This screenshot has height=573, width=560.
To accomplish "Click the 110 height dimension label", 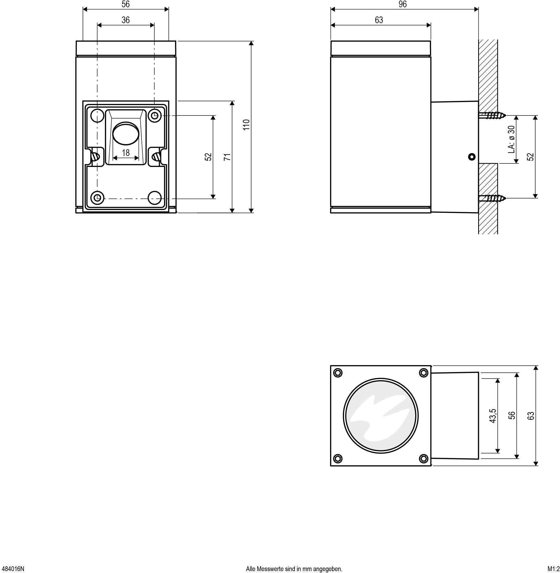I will (x=246, y=125).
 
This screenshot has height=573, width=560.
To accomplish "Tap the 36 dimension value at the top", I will (x=125, y=20).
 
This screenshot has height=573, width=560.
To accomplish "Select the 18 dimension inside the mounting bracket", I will (x=125, y=153).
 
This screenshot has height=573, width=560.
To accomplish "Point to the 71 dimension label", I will (x=227, y=157).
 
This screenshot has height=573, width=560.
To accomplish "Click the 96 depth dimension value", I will (x=402, y=4).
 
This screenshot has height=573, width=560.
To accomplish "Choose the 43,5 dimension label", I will (x=493, y=416).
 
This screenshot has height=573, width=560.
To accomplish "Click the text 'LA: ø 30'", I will (x=512, y=139).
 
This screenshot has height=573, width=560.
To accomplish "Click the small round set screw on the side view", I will (x=472, y=157).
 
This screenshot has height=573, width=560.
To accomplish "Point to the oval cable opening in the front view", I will (x=126, y=134).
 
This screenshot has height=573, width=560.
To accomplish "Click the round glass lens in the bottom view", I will (x=381, y=416).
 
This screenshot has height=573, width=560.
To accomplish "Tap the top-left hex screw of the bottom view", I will (x=338, y=373).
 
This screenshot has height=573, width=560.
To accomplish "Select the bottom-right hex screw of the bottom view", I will (x=423, y=458).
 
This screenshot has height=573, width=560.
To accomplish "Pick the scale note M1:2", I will (x=553, y=569).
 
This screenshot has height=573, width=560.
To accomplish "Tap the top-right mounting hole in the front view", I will (x=155, y=115).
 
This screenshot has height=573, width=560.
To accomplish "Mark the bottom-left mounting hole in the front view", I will (x=97, y=197).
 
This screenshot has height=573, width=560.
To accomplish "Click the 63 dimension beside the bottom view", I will (x=531, y=416).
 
